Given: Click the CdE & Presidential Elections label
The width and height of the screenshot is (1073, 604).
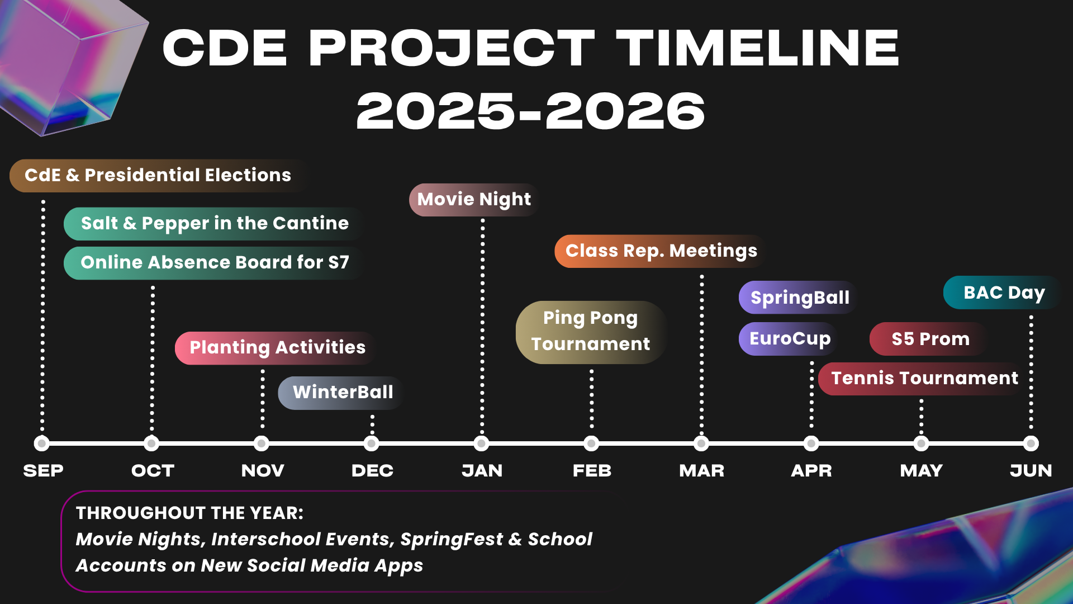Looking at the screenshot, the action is [x=158, y=176].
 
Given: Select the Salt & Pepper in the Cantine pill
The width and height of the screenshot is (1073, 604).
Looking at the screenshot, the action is [x=215, y=224].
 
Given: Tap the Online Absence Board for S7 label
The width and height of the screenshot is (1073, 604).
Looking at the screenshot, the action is [x=215, y=263].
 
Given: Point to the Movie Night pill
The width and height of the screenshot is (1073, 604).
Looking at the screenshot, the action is [x=474, y=200].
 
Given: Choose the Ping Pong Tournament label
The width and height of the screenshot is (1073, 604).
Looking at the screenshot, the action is [x=591, y=332].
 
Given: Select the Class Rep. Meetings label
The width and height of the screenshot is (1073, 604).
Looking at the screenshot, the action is [x=661, y=251].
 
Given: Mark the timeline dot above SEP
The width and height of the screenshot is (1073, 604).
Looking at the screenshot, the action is [x=41, y=443].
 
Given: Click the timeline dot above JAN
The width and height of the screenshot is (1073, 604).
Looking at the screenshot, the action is [x=481, y=443].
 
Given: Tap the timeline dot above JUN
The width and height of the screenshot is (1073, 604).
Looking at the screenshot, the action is [x=1031, y=443].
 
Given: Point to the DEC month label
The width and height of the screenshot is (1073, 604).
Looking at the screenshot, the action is [x=372, y=471].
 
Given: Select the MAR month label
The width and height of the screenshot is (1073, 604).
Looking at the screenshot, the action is [x=701, y=471].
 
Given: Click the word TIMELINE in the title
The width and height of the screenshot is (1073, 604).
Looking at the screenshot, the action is [x=758, y=48].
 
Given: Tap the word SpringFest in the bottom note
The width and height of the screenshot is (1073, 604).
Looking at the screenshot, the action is [x=452, y=539].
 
